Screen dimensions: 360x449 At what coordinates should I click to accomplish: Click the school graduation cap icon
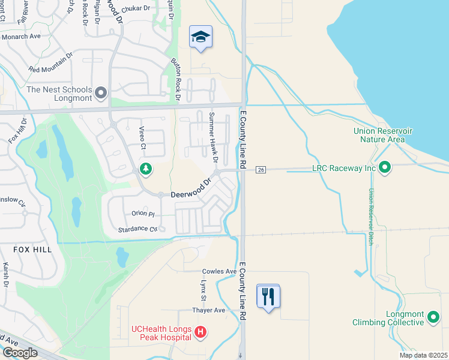point(200,37)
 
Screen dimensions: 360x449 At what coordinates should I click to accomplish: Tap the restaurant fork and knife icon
point(268,296)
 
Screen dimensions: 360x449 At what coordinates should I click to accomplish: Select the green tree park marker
point(145,169)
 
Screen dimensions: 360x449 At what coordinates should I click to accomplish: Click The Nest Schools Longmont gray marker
point(101,93)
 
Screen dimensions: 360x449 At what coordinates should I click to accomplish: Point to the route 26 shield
point(261,170)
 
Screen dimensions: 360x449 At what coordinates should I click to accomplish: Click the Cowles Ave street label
point(219,272)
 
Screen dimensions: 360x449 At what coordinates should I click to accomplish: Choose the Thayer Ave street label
point(208,310)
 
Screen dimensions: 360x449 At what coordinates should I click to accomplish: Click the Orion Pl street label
point(143,214)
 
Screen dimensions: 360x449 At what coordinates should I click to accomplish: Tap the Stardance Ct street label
point(137,229)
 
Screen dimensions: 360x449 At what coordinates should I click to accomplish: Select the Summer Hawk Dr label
point(212,137)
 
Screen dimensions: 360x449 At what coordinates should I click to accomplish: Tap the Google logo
point(20,352)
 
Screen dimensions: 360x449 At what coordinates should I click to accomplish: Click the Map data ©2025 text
point(423,355)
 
